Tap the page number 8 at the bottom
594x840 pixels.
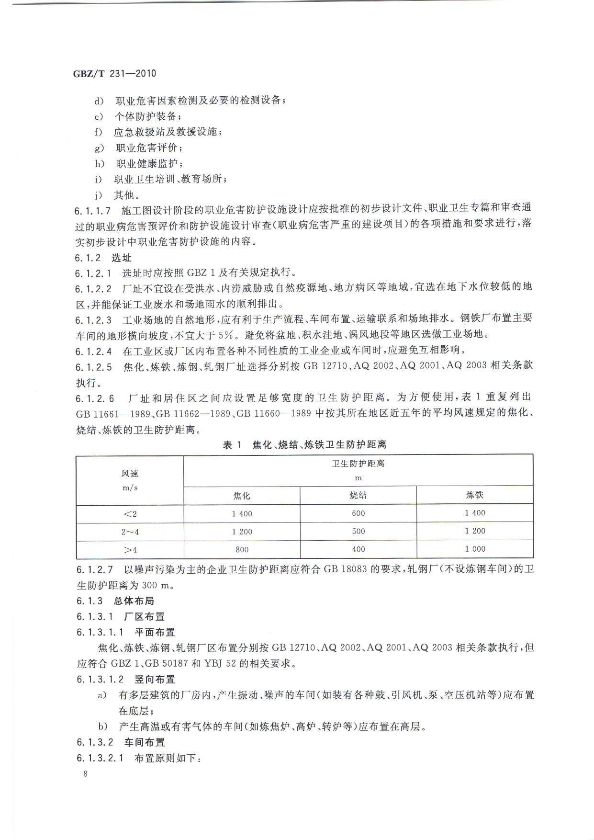pos(85,774)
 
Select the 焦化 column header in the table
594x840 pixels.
pos(242,496)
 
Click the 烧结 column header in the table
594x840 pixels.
pos(358,495)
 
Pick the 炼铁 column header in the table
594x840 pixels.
pos(474,495)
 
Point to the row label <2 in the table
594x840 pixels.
pos(130,514)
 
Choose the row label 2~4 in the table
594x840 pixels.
pos(130,532)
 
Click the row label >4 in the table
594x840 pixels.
pos(130,550)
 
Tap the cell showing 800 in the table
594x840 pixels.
pos(242,550)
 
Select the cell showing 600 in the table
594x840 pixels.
pos(358,513)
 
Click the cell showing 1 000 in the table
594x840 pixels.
pos(474,549)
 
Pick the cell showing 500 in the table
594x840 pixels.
pos(358,531)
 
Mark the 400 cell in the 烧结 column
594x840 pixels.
pos(358,549)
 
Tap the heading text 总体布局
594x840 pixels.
pos(134,601)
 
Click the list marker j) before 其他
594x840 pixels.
pos(99,195)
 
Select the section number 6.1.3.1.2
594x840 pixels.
pos(100,679)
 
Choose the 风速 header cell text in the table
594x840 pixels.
pos(130,474)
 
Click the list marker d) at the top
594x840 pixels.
pos(99,101)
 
